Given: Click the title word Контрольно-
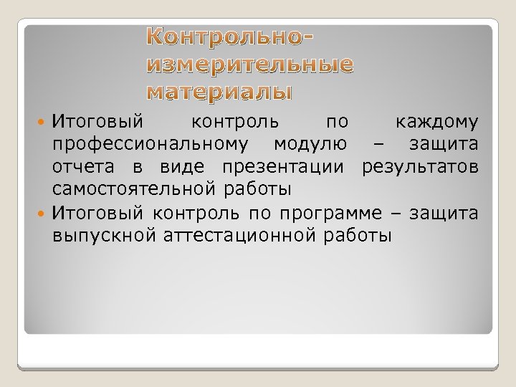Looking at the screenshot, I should [231, 38].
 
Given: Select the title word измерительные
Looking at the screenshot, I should [249, 65].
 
